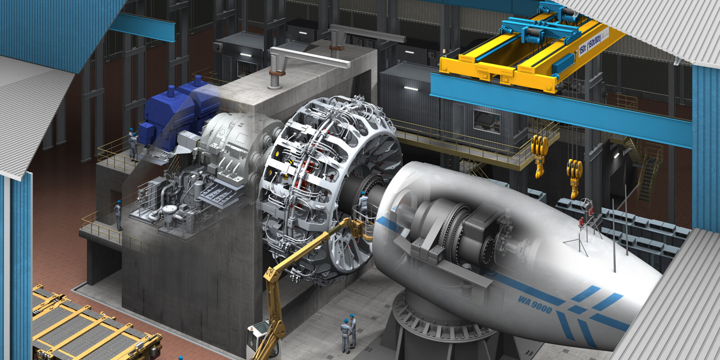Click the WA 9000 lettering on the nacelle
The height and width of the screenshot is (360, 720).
click(x=535, y=305)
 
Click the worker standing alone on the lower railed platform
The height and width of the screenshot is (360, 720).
click(x=118, y=215)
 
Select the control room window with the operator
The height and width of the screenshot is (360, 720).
click(x=486, y=121)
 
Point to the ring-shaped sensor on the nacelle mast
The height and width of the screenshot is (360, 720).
click(x=586, y=204)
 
